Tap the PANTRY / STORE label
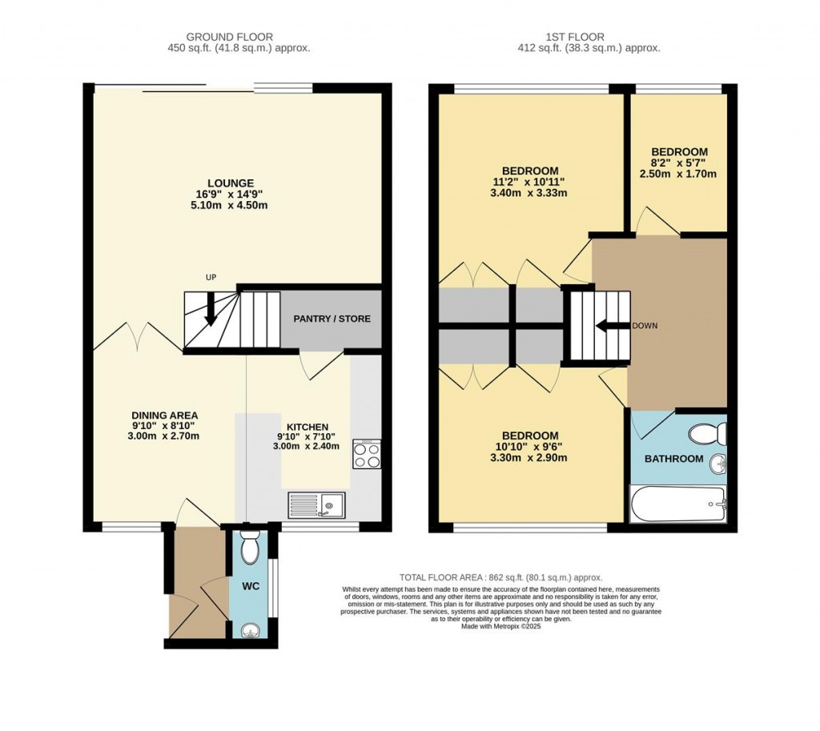point(332,319)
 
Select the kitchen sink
point(316,504)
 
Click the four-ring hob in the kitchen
point(367,455)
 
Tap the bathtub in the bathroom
point(678,505)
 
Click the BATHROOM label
point(674,459)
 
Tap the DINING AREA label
point(165,415)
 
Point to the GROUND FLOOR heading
point(230,37)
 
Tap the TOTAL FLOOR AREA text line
point(500,577)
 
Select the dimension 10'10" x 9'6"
point(529,447)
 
